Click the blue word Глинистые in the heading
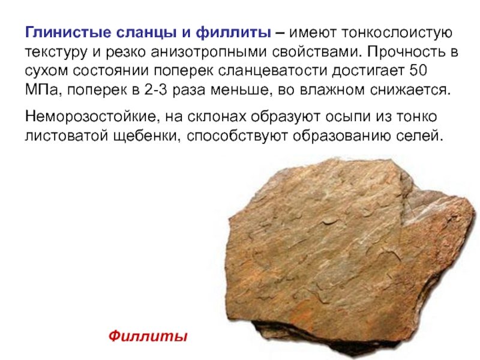point(68,32)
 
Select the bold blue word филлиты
point(233,32)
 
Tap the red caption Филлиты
point(148,336)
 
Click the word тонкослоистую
point(397,33)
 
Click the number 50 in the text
point(418,70)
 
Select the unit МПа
point(41,90)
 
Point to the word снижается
point(410,90)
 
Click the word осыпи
point(347,117)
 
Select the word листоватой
point(67,136)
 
